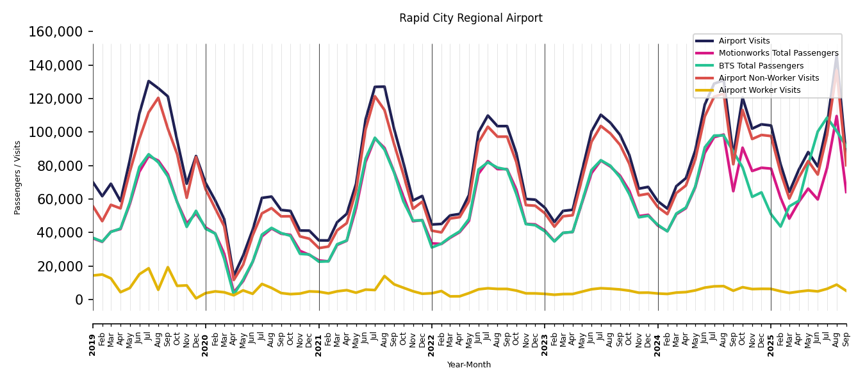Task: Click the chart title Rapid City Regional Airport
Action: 470,19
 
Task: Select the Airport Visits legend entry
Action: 744,41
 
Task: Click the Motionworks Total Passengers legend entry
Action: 778,53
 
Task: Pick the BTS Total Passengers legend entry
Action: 761,66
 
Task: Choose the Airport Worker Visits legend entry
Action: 759,90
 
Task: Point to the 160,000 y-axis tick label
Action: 56,32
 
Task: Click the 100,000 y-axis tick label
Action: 56,132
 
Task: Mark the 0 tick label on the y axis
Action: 79,300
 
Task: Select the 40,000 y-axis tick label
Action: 59,233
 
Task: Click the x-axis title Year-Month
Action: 469,365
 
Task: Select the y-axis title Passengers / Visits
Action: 18,177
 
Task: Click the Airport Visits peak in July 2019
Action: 149,81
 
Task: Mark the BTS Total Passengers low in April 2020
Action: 234,293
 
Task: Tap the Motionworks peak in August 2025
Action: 836,116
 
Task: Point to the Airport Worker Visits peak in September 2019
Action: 168,268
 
